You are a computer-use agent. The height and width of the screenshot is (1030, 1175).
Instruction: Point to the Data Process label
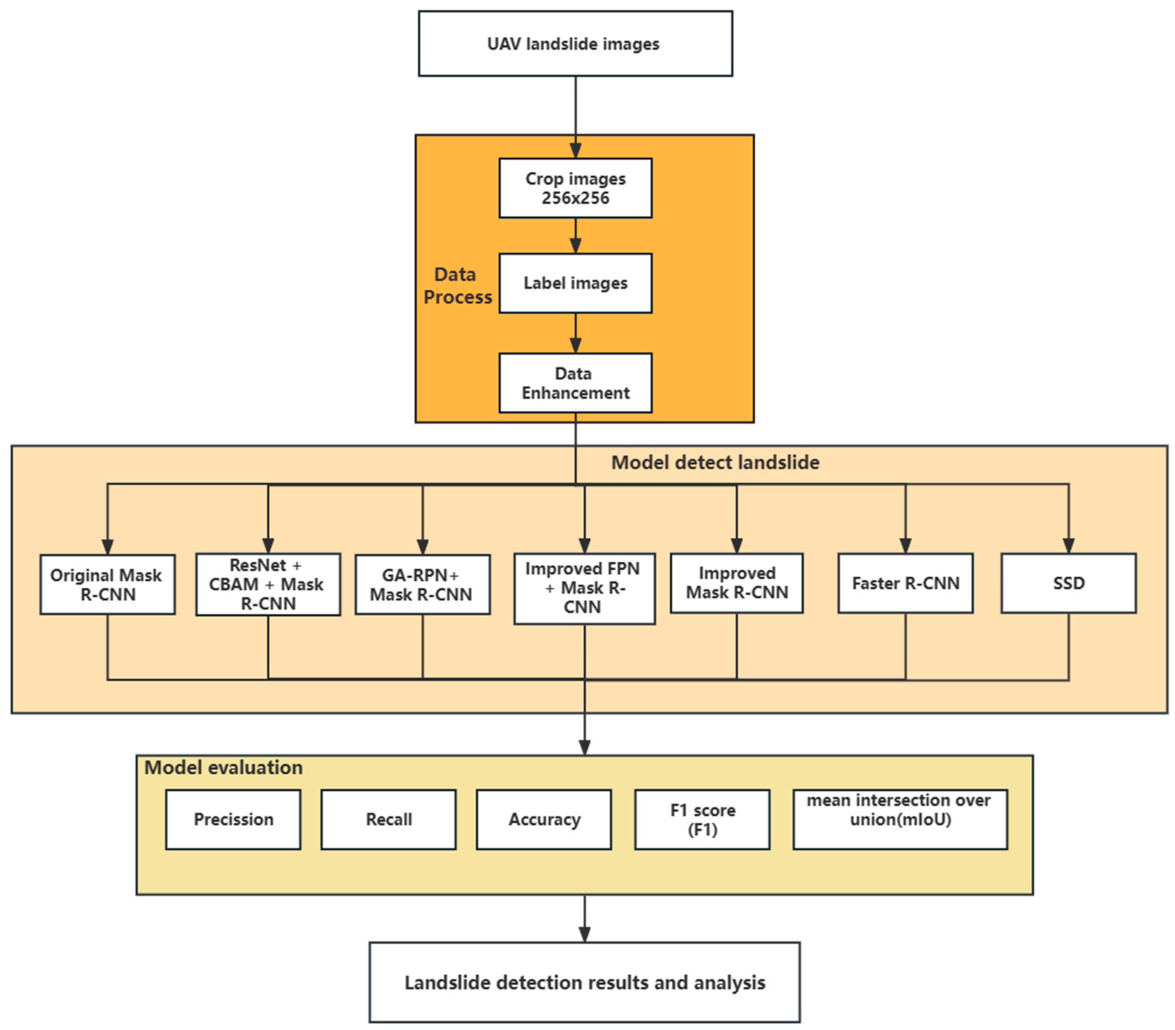[x=457, y=286]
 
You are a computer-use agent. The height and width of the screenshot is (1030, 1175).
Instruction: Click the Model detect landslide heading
[x=714, y=462]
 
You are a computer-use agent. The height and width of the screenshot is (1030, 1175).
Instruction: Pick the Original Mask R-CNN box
[x=108, y=585]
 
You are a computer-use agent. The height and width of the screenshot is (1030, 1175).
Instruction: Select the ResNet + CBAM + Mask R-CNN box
[x=268, y=585]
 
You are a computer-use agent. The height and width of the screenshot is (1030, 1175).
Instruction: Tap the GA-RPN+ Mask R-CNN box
[x=423, y=585]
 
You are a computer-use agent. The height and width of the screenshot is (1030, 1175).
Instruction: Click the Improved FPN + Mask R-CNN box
[x=584, y=588]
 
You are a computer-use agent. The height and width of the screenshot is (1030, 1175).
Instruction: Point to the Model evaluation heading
[x=223, y=767]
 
